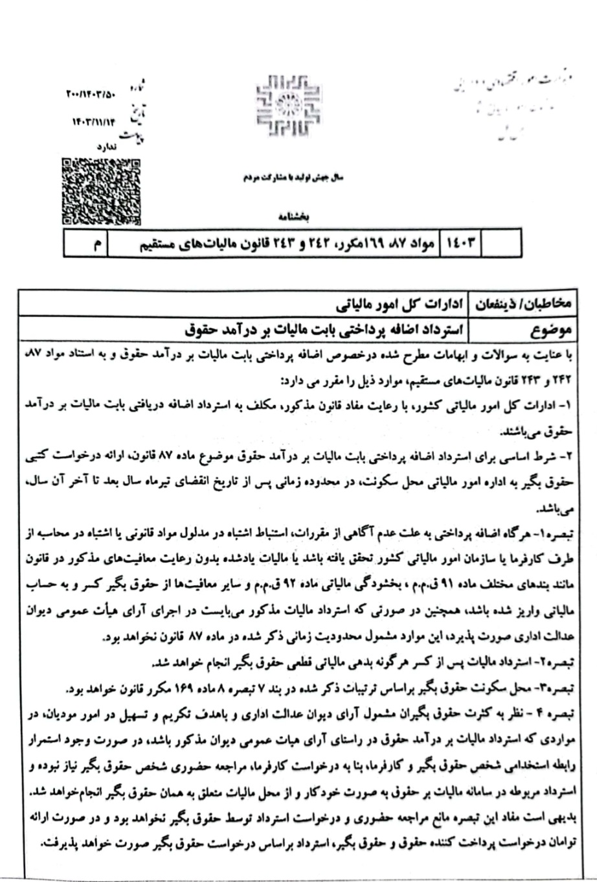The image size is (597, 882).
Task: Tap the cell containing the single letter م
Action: (x=96, y=244)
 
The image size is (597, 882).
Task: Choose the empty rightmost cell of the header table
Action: (x=502, y=244)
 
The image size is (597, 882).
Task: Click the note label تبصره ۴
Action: (x=549, y=714)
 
